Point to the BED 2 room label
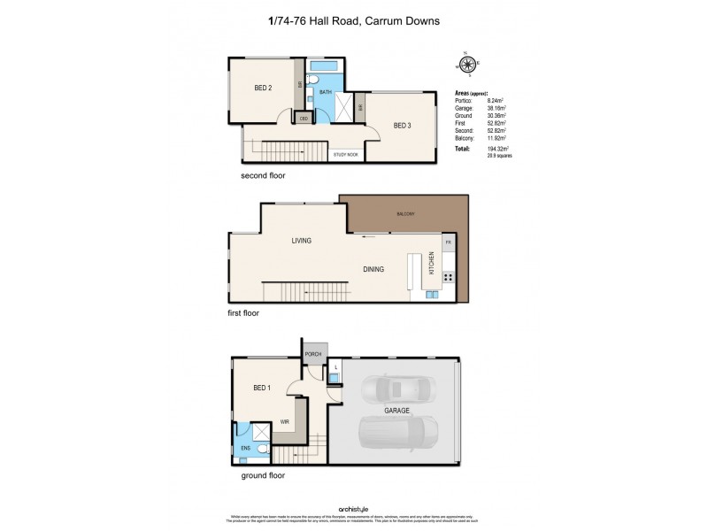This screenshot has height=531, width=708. (x=263, y=87)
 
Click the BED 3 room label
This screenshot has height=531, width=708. (x=402, y=126)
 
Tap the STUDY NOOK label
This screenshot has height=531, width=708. (x=346, y=155)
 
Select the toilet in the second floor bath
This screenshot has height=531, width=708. (x=325, y=103)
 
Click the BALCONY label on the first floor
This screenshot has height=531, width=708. (x=405, y=214)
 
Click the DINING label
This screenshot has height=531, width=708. (x=372, y=269)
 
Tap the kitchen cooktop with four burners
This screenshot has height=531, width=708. (x=448, y=277)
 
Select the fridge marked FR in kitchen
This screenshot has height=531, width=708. (x=448, y=242)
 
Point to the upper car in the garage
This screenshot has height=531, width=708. (x=402, y=389)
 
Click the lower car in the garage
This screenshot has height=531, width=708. (x=398, y=433)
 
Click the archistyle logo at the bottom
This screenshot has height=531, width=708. (x=353, y=506)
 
